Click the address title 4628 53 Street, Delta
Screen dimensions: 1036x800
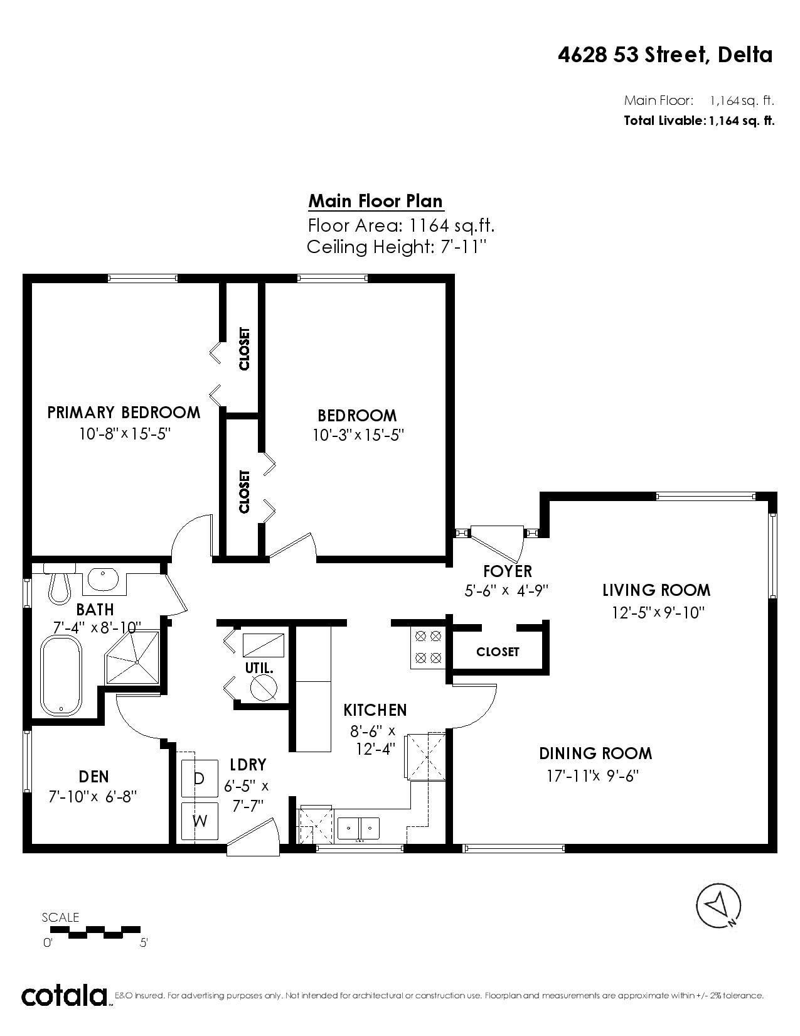(x=664, y=55)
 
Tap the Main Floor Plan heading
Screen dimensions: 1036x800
(x=375, y=201)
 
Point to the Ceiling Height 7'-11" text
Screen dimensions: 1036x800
(x=397, y=247)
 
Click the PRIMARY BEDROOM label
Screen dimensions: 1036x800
(x=124, y=413)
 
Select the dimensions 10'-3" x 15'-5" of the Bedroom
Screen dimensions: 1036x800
(x=357, y=435)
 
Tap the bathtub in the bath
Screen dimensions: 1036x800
(x=61, y=676)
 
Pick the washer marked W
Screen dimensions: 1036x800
(x=200, y=821)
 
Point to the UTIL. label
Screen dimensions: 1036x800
(x=259, y=668)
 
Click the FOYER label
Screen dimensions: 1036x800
(x=507, y=571)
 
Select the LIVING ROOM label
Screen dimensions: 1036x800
(x=656, y=590)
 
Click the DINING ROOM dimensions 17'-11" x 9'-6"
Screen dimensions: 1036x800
(x=592, y=775)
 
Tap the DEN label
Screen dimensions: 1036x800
(x=94, y=777)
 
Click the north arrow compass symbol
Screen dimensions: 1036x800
(x=718, y=905)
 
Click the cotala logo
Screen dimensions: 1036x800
(x=65, y=996)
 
